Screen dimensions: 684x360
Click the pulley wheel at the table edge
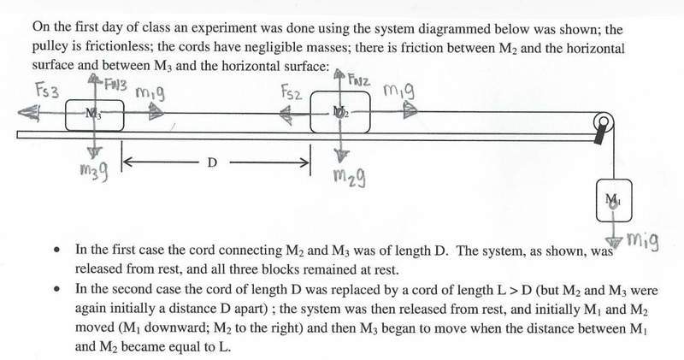point(604,121)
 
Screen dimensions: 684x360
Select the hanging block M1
point(614,200)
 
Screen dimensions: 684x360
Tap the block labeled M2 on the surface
point(340,112)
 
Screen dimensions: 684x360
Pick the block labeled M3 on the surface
point(95,115)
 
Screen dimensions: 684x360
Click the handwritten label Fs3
point(48,91)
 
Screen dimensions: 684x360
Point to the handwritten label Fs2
point(292,92)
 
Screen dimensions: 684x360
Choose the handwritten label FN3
point(115,83)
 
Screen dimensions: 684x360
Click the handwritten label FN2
point(359,80)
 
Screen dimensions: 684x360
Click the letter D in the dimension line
point(211,163)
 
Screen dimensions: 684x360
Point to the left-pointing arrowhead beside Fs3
point(27,113)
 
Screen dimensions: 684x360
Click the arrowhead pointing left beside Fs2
point(286,115)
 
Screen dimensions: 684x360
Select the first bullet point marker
point(56,251)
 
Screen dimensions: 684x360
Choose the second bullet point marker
point(56,289)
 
